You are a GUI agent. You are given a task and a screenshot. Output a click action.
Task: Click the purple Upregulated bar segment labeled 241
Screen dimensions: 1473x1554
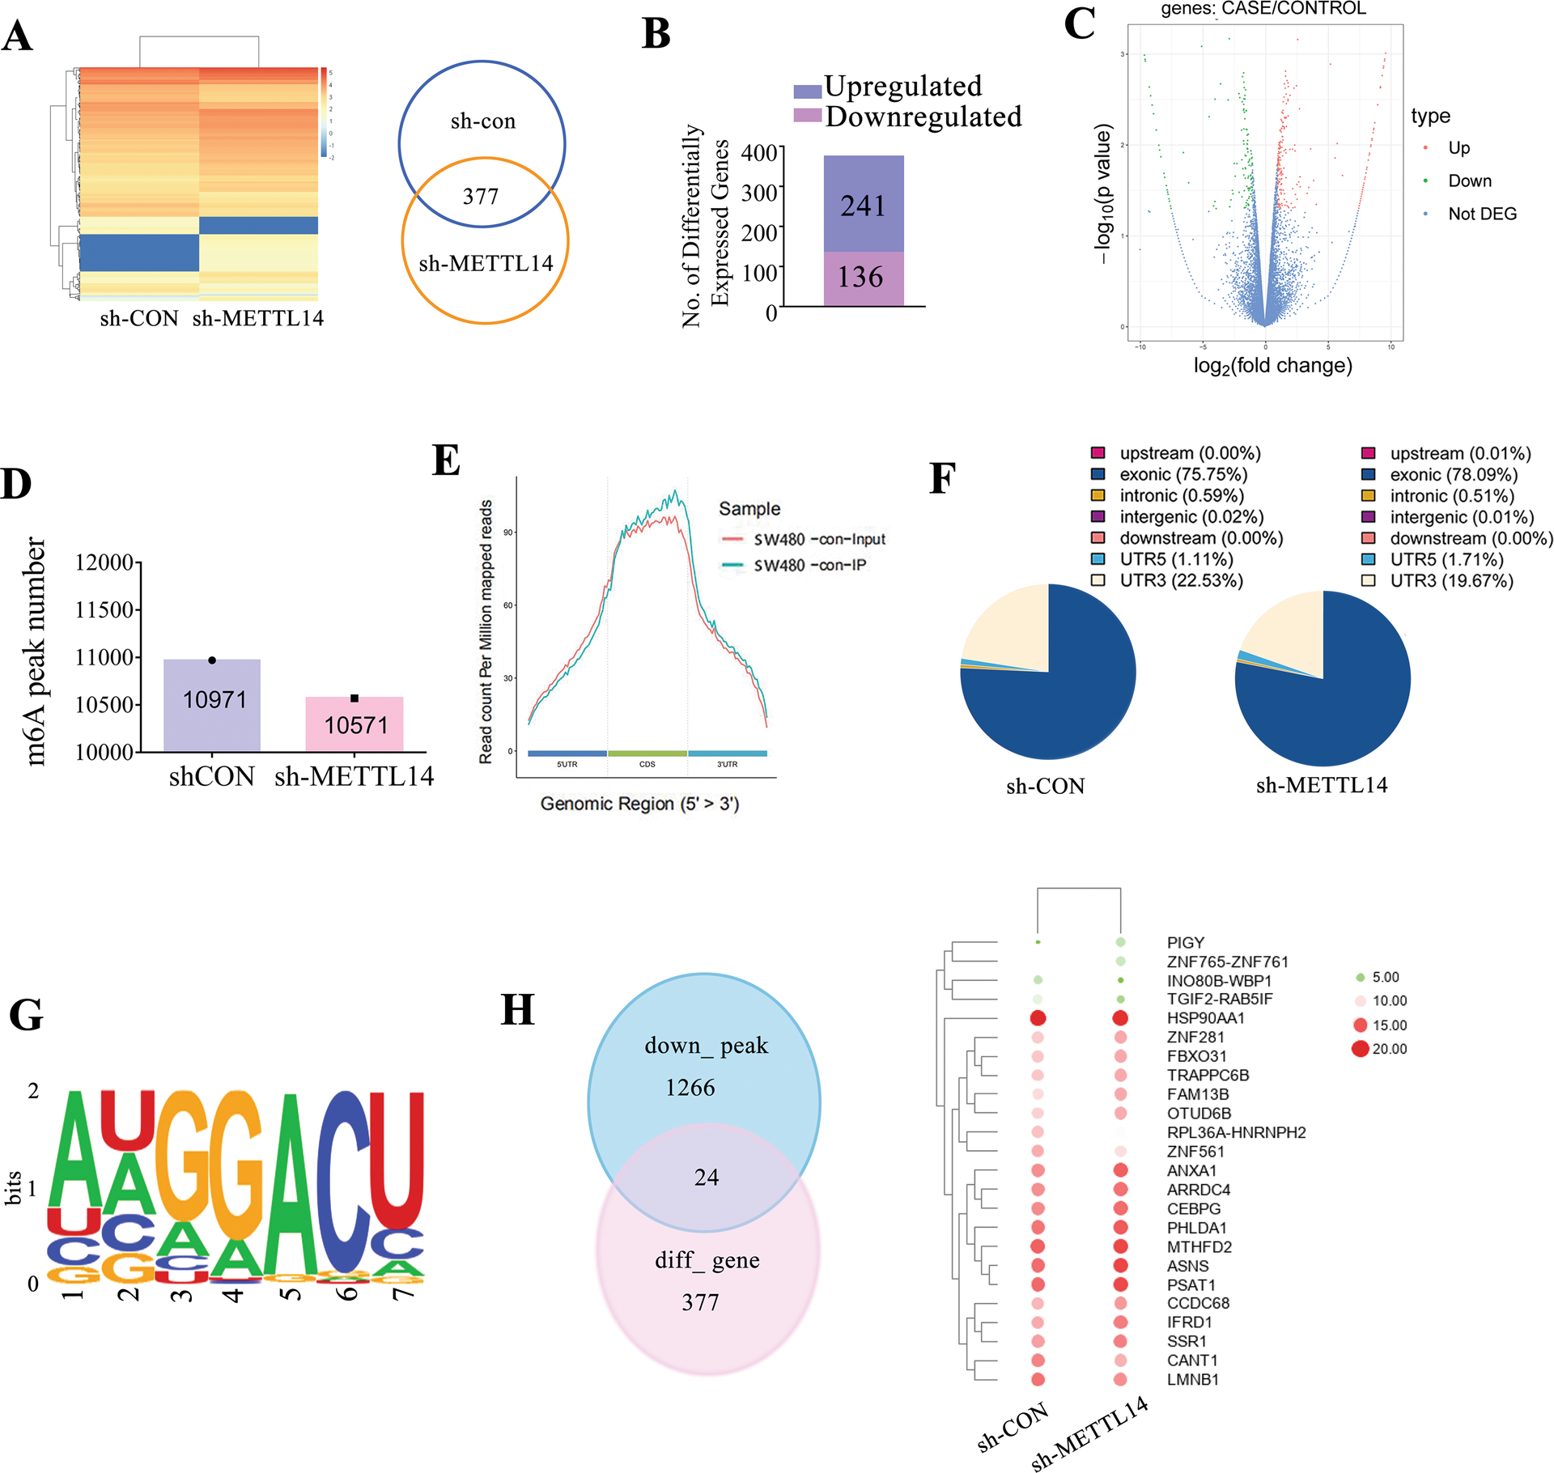863,204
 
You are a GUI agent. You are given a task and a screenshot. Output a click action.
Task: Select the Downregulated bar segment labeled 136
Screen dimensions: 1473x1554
863,278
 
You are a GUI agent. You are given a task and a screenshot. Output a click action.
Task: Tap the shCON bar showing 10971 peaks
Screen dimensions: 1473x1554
212,704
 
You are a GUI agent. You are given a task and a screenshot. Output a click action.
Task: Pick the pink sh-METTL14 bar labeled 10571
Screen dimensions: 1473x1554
355,724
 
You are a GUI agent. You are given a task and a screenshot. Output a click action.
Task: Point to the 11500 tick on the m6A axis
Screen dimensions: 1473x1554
104,609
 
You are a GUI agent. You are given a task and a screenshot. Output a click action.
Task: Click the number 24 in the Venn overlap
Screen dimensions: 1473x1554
706,1178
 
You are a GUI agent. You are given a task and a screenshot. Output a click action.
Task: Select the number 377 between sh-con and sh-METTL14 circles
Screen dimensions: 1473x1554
481,197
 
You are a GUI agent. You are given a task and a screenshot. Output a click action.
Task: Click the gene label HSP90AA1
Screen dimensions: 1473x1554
1205,1018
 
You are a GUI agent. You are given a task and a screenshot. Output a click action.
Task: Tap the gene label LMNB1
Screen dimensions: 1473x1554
1192,1380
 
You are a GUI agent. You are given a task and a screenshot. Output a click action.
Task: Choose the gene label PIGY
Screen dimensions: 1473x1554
1185,943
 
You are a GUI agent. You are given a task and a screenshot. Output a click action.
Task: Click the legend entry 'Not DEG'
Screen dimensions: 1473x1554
1481,214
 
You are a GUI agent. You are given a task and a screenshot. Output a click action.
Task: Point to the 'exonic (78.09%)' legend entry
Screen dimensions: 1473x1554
1453,475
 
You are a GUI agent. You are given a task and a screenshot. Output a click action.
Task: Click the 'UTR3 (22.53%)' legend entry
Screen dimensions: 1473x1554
1180,580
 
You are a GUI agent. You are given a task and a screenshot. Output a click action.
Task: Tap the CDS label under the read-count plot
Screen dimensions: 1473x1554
647,764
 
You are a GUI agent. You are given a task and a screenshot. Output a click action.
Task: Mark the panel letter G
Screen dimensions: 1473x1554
26,1015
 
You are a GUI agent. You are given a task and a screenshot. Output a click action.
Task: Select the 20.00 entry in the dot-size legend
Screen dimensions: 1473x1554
1389,1049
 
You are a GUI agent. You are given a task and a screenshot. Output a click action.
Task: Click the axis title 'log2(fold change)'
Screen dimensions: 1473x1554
1272,366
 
